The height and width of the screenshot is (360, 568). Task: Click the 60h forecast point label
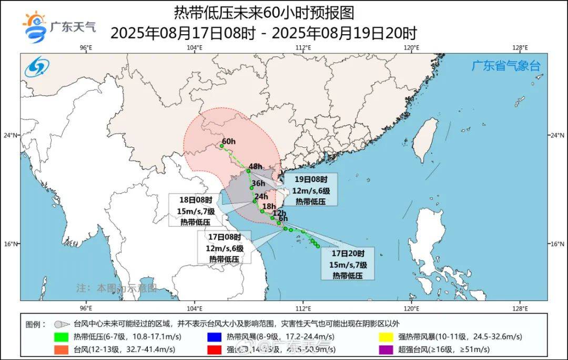click(228, 142)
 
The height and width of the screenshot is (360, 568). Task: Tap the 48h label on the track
click(256, 167)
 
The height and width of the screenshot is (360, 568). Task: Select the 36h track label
click(258, 184)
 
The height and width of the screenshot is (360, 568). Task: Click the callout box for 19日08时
click(310, 189)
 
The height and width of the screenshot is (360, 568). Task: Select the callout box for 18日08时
click(192, 210)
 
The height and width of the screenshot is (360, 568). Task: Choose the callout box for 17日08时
click(224, 247)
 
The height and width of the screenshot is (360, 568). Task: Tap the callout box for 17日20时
click(348, 263)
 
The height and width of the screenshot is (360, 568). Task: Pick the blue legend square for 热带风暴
click(214, 337)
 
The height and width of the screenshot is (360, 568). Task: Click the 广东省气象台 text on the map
click(505, 66)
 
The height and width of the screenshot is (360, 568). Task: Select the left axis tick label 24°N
click(12, 135)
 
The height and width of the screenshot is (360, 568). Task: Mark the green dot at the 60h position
click(221, 146)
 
